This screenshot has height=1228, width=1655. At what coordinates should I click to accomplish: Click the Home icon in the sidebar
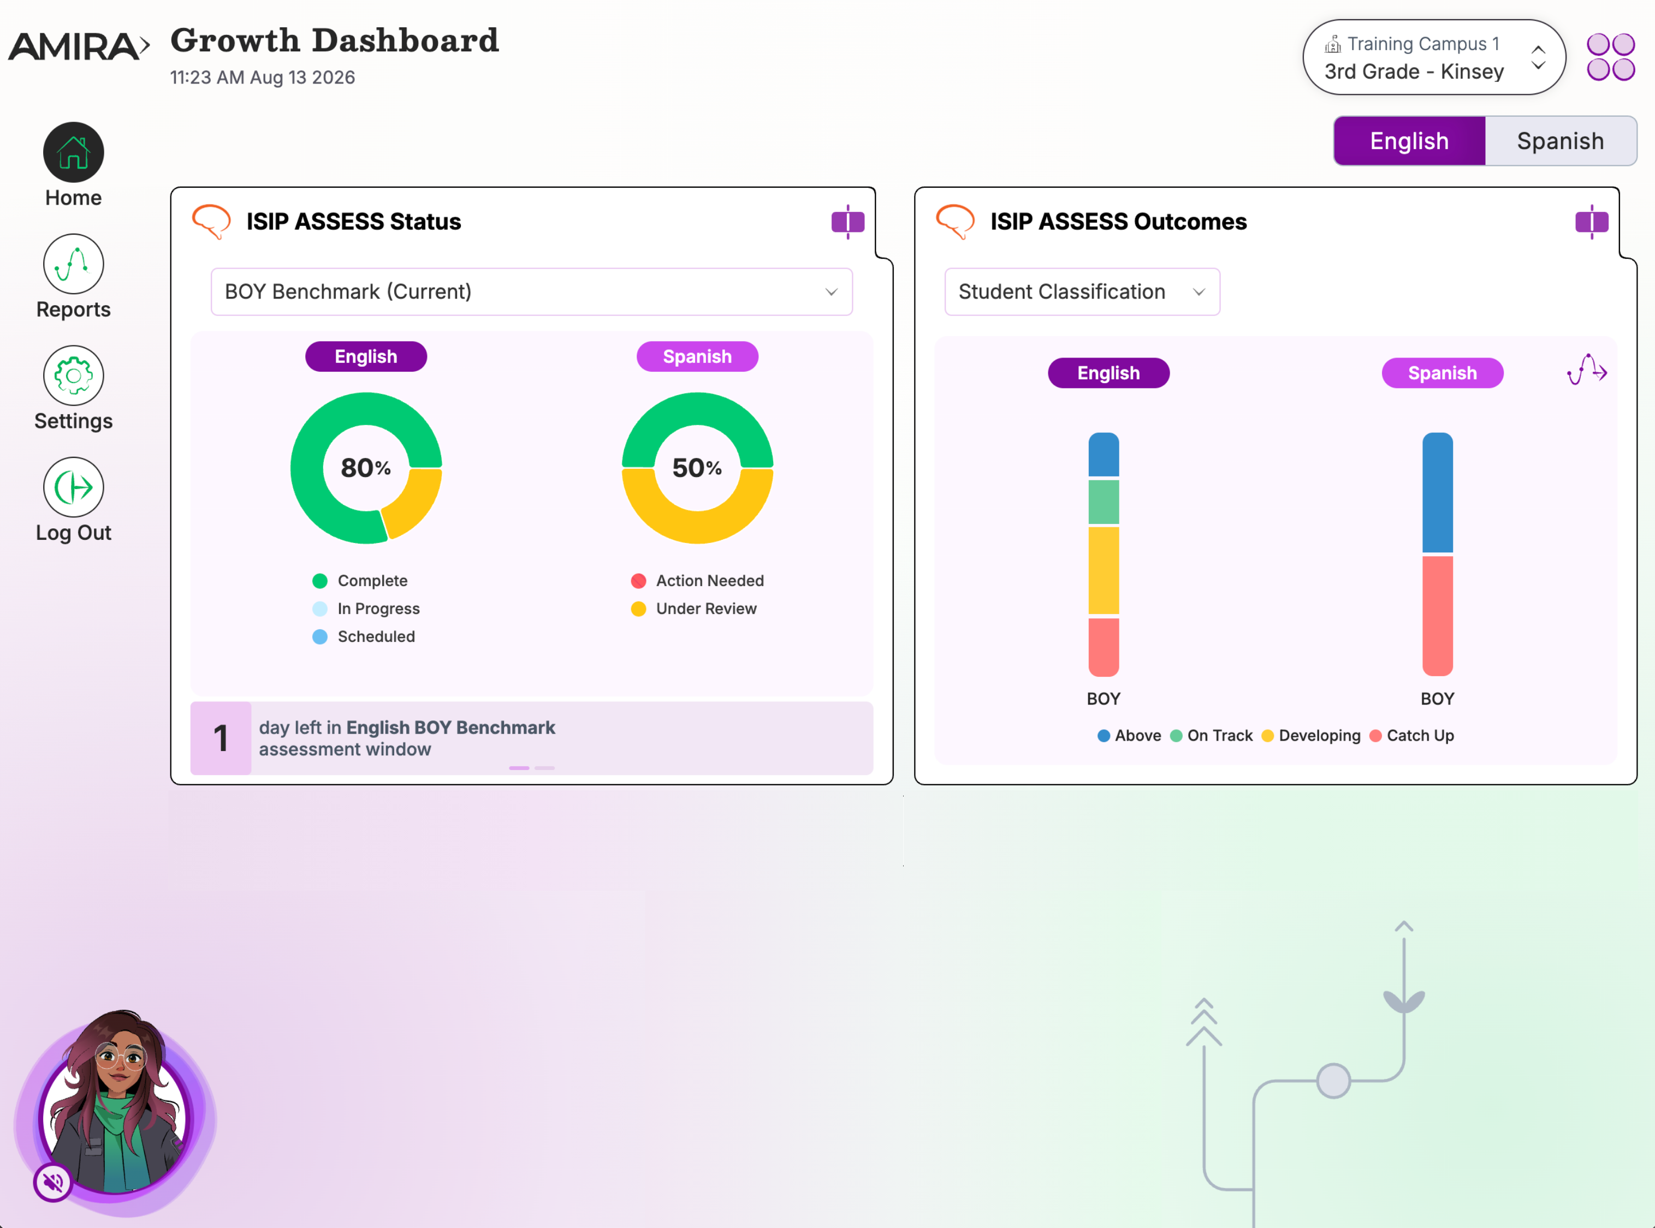(x=73, y=152)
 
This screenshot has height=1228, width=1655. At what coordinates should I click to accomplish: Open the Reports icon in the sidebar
(x=73, y=264)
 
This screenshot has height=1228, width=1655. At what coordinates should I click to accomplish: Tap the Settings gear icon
(x=73, y=375)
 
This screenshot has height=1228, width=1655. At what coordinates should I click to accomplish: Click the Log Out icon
(x=73, y=487)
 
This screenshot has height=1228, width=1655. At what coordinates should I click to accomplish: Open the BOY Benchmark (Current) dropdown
(x=532, y=291)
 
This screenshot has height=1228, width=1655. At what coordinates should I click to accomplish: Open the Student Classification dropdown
(x=1082, y=291)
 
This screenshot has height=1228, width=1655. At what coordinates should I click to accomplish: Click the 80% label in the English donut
(x=366, y=468)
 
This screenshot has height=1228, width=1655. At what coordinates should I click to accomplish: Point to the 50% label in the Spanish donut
(x=697, y=468)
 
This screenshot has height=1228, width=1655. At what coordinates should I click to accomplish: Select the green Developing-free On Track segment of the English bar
(x=1104, y=502)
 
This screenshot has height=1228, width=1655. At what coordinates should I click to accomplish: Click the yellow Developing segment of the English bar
(x=1104, y=571)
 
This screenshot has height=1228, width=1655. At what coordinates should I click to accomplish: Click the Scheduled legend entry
(x=364, y=636)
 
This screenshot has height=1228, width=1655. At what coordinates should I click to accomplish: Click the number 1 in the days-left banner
(x=221, y=738)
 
